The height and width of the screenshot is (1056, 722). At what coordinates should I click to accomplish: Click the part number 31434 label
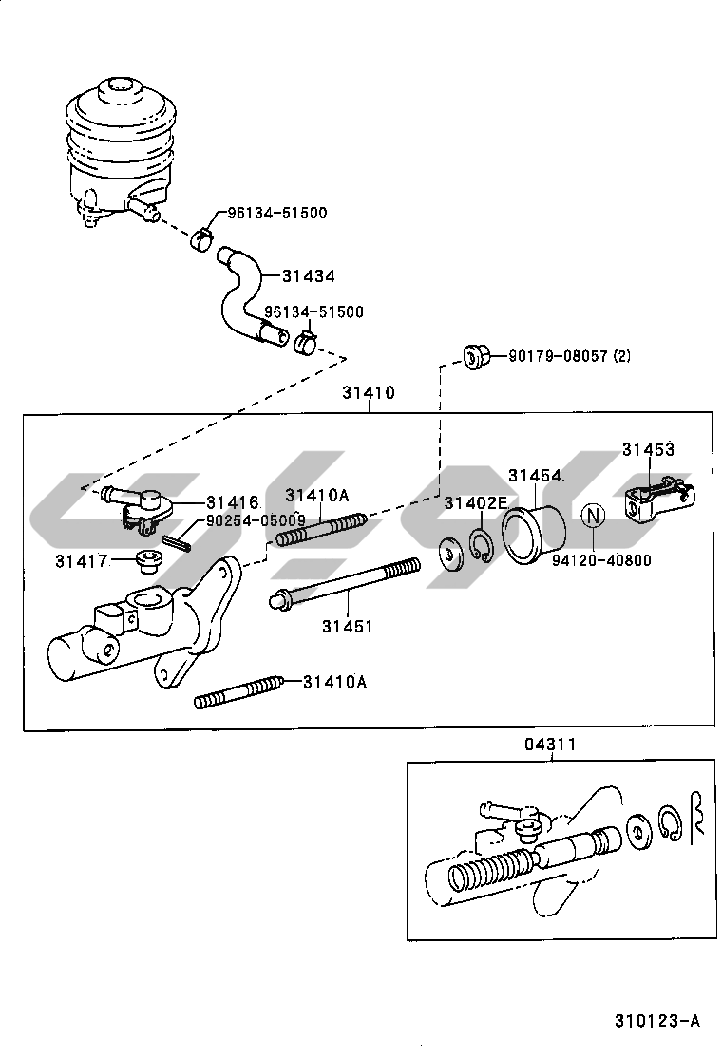pyautogui.click(x=308, y=275)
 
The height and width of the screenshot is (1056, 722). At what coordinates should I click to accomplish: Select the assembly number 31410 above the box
pyautogui.click(x=370, y=392)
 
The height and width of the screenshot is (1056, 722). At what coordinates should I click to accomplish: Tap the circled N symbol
pyautogui.click(x=593, y=517)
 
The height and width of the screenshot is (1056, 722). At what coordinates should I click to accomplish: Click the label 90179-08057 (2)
pyautogui.click(x=569, y=356)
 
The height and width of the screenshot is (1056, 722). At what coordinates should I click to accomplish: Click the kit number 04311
pyautogui.click(x=551, y=745)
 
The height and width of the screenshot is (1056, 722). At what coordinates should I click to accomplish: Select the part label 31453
pyautogui.click(x=648, y=449)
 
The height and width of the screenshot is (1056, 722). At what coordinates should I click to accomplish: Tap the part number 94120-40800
pyautogui.click(x=601, y=560)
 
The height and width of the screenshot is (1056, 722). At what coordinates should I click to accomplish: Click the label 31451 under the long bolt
pyautogui.click(x=347, y=626)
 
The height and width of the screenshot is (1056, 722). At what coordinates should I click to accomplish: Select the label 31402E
pyautogui.click(x=476, y=501)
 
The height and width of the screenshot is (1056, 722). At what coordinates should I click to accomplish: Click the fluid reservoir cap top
pyautogui.click(x=119, y=92)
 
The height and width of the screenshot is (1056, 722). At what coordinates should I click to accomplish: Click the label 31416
pyautogui.click(x=231, y=501)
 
